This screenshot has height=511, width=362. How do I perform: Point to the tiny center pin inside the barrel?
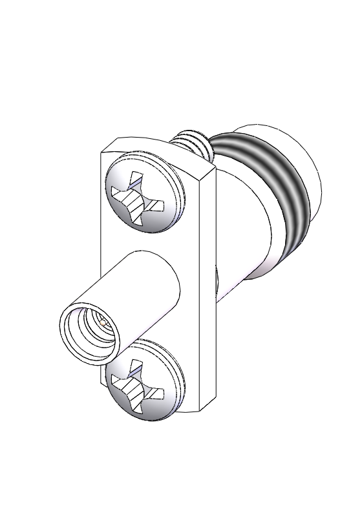103,321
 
